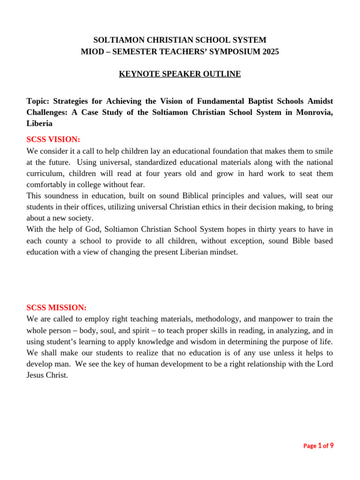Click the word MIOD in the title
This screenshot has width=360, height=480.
pyautogui.click(x=93, y=52)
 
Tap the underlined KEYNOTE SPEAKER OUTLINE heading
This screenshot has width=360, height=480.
pyautogui.click(x=180, y=74)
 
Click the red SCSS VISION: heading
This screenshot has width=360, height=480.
pyautogui.click(x=53, y=140)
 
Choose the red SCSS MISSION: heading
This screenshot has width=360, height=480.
pyautogui.click(x=57, y=307)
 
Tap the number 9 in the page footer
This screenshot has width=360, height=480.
pyautogui.click(x=332, y=446)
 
